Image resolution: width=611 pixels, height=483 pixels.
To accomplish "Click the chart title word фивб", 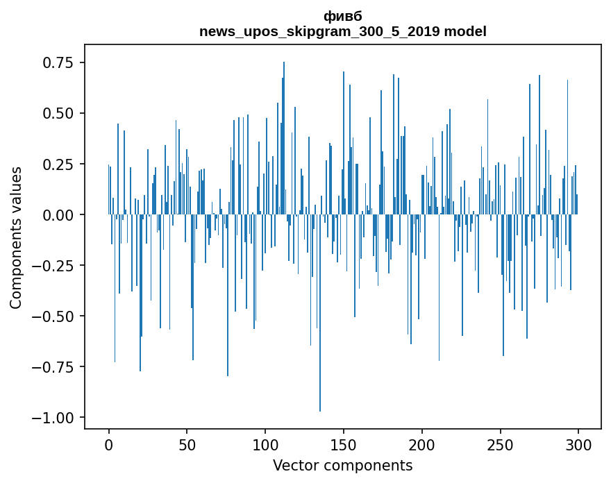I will (x=343, y=17).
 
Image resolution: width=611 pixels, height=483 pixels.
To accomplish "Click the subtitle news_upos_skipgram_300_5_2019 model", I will (x=343, y=31).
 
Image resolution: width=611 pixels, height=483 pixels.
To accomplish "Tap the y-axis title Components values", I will (x=16, y=237).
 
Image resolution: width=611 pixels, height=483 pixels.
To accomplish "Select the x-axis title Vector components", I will (x=343, y=465).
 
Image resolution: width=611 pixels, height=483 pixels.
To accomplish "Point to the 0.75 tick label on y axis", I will (x=58, y=63).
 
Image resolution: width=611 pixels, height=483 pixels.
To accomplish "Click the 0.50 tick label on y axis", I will (x=58, y=114).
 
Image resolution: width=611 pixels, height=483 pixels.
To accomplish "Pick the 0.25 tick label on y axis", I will (x=58, y=164).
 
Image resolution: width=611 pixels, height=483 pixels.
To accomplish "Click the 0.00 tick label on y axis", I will (x=58, y=215).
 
